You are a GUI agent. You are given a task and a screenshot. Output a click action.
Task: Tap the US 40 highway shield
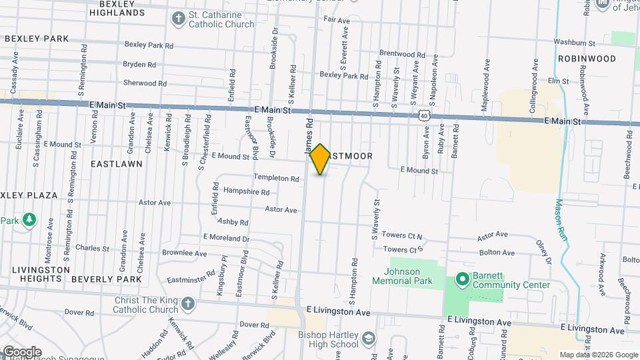(424, 115)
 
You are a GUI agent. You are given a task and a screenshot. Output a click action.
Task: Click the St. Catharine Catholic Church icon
(178, 19)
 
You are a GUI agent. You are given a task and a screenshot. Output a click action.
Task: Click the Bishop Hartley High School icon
(367, 340)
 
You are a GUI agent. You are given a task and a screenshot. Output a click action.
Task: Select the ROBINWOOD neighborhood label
(587, 59)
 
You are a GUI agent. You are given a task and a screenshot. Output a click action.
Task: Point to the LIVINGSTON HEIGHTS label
(41, 274)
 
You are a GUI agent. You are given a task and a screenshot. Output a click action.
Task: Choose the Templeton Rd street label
(276, 178)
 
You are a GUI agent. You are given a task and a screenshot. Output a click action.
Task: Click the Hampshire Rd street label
(246, 192)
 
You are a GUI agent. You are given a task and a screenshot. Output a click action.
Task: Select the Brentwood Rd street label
(401, 53)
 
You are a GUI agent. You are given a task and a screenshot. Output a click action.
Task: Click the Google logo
(22, 352)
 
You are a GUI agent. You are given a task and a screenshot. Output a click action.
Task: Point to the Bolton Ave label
(496, 253)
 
